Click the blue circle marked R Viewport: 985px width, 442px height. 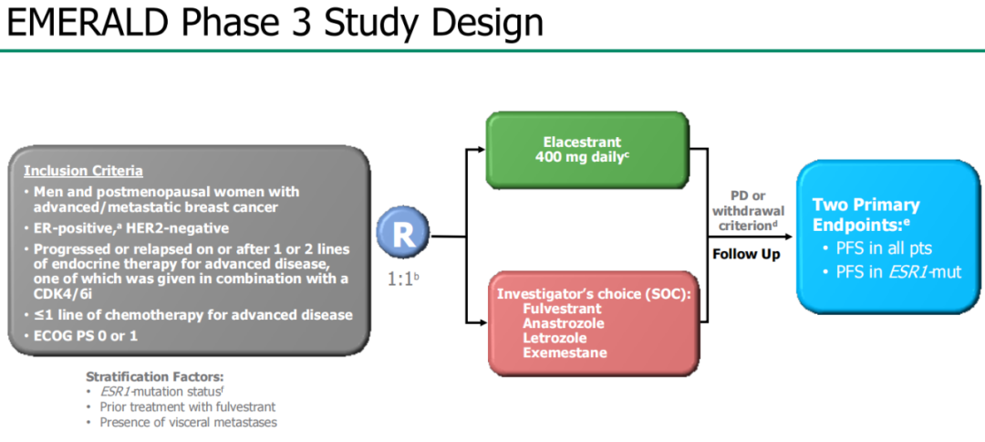(x=404, y=235)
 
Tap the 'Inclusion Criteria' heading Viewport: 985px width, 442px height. (x=83, y=171)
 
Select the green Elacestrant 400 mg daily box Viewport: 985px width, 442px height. (x=586, y=150)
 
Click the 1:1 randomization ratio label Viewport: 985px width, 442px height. (x=402, y=278)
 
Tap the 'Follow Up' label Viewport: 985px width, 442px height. (x=745, y=254)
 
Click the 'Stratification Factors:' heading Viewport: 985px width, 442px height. (x=154, y=376)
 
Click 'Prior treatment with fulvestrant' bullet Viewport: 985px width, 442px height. (x=187, y=406)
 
